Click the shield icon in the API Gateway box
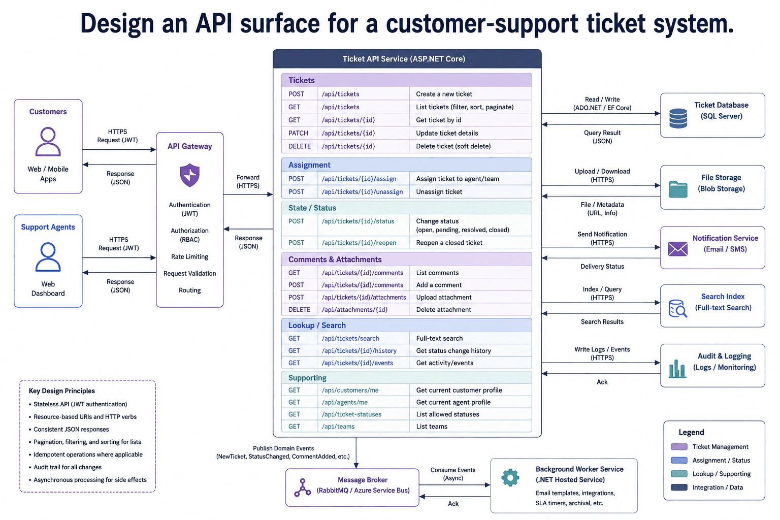pos(190,175)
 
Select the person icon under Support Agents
pos(48,256)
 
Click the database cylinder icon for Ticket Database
pos(678,118)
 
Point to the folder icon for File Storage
pos(678,189)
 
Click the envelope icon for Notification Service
pos(678,249)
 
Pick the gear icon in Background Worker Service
pos(510,477)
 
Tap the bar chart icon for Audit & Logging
pos(677,369)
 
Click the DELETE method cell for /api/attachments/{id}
pos(299,310)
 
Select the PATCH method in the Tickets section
pos(298,133)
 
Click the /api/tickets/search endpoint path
pos(350,338)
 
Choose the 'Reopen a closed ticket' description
pos(449,243)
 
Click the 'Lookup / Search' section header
pos(317,326)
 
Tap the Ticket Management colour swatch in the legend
pos(679,446)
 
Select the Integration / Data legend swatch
pos(679,487)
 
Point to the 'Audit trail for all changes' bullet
pos(68,467)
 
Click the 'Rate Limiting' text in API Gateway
pos(190,256)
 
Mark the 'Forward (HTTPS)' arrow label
pos(248,181)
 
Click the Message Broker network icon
pos(303,487)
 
